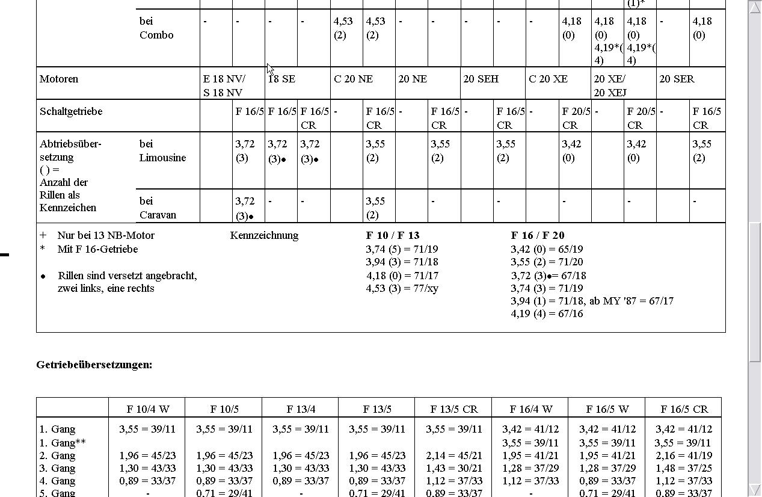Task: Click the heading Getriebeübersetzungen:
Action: pyautogui.click(x=94, y=365)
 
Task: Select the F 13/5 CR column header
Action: pyautogui.click(x=453, y=409)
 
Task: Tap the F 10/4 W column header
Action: pyautogui.click(x=147, y=409)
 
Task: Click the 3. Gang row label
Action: pyautogui.click(x=58, y=468)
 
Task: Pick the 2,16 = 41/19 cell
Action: pyautogui.click(x=683, y=455)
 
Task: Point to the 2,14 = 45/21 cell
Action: pyautogui.click(x=453, y=455)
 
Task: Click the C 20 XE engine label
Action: pyautogui.click(x=548, y=79)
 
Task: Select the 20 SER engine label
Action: pyautogui.click(x=677, y=79)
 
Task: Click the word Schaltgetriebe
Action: pyautogui.click(x=71, y=111)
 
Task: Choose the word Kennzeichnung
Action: pyautogui.click(x=264, y=235)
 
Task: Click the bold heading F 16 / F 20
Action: pyautogui.click(x=538, y=235)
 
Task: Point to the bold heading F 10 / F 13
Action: pyautogui.click(x=393, y=235)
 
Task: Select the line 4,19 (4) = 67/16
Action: pyautogui.click(x=547, y=313)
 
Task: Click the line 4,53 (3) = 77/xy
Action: pyautogui.click(x=402, y=288)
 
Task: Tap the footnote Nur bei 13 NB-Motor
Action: pyautogui.click(x=106, y=235)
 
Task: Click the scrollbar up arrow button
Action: pyautogui.click(x=755, y=7)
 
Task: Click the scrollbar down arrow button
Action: pyautogui.click(x=755, y=490)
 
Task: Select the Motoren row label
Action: pyautogui.click(x=59, y=79)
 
